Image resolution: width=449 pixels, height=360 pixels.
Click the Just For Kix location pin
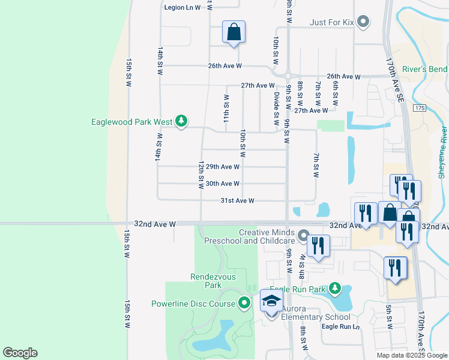click(363, 23)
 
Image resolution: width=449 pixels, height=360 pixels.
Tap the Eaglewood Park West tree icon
click(181, 122)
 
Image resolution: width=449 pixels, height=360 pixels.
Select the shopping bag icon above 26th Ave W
click(234, 32)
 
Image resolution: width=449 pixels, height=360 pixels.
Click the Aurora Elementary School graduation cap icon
click(271, 302)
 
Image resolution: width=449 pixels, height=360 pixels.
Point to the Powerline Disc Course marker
click(244, 304)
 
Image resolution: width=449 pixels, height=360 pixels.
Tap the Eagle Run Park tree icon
click(335, 289)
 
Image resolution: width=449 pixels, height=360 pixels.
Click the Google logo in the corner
click(20, 353)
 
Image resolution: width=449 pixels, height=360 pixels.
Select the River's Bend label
click(425, 70)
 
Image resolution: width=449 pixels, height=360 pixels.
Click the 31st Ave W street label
click(238, 201)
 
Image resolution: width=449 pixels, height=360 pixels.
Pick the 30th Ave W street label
click(223, 184)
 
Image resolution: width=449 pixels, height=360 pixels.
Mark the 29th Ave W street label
click(223, 167)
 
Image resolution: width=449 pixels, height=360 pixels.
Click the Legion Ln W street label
click(182, 7)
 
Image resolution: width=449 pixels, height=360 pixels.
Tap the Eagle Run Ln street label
click(340, 326)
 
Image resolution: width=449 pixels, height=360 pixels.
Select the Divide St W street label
click(277, 105)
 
